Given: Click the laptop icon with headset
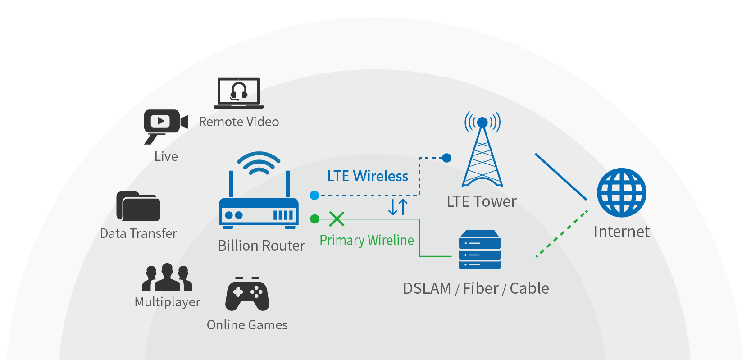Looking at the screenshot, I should point(238,93).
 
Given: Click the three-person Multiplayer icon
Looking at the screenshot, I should point(167,278).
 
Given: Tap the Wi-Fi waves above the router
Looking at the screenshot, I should point(259,163).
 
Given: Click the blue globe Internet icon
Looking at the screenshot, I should point(622,193).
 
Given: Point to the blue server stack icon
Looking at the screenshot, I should point(480,250).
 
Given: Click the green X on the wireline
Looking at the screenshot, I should point(337,219).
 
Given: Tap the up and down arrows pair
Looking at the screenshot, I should point(398,207).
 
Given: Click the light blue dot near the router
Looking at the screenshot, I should point(314,195).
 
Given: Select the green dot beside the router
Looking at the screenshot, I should point(314,219).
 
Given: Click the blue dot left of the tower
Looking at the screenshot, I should point(446,158).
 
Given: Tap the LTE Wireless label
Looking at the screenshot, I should point(368,176).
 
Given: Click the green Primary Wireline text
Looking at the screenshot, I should point(366,240).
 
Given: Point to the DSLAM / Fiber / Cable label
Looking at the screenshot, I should point(476,288).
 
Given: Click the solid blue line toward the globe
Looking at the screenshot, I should point(560,176).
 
